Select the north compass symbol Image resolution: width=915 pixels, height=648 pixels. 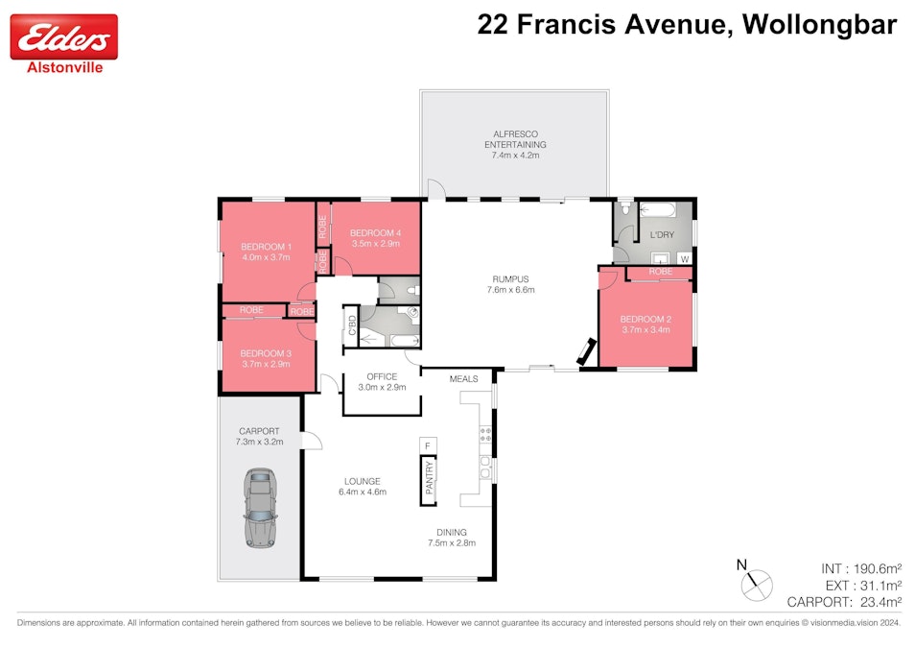756,579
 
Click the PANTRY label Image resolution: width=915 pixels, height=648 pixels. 429,478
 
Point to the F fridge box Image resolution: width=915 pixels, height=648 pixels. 428,445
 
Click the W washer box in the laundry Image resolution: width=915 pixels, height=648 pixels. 684,258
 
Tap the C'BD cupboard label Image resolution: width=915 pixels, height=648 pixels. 352,326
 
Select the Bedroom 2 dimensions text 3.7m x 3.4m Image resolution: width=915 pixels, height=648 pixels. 645,330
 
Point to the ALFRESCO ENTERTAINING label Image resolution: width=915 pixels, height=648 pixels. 516,139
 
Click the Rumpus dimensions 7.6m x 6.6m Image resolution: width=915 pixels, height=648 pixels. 510,289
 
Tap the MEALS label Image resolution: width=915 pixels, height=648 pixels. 463,379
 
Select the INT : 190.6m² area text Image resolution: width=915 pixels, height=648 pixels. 860,567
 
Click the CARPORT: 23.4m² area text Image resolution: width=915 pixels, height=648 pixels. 844,602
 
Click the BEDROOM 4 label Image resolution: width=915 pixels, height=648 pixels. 374,233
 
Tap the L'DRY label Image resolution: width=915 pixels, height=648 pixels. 663,235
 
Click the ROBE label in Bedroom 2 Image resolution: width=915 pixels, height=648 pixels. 659,273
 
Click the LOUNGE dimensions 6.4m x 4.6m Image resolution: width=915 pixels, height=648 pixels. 362,492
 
